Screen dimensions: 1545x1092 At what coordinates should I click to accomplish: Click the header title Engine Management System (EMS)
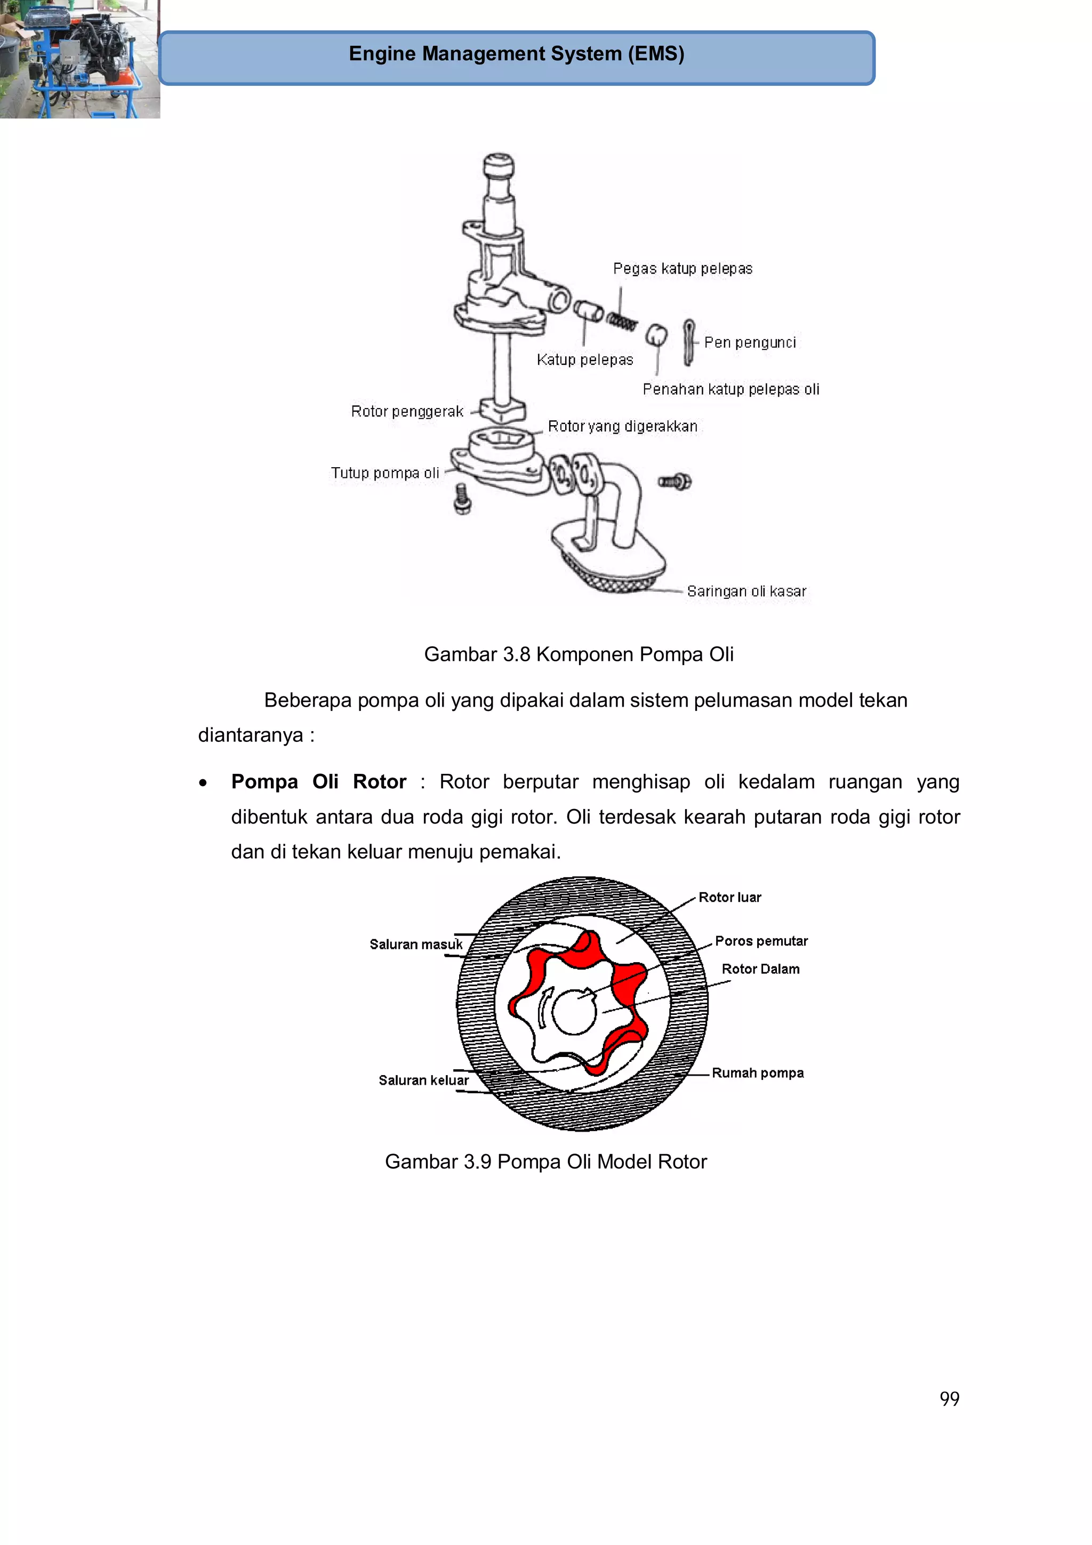click(516, 54)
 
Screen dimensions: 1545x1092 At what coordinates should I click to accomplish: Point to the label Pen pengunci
click(750, 342)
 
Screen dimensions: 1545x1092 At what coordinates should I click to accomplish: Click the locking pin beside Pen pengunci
click(688, 342)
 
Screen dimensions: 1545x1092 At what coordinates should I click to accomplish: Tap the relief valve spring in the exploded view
click(622, 322)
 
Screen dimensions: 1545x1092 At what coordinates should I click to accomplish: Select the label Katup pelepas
click(585, 360)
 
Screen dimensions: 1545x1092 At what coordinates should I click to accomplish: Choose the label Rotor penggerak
click(406, 411)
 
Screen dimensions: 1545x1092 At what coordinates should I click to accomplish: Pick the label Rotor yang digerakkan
click(622, 427)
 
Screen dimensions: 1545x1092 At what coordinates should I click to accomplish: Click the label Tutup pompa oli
click(384, 473)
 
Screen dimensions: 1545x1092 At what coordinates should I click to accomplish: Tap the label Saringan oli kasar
click(745, 591)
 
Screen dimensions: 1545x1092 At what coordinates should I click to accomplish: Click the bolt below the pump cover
click(462, 499)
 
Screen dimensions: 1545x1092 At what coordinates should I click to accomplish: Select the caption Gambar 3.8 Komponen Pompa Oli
click(578, 654)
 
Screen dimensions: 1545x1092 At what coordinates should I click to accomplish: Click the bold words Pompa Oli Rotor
click(318, 782)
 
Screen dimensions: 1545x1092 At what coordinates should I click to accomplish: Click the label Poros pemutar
click(760, 941)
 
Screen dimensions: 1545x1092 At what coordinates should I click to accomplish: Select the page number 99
click(949, 1398)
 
